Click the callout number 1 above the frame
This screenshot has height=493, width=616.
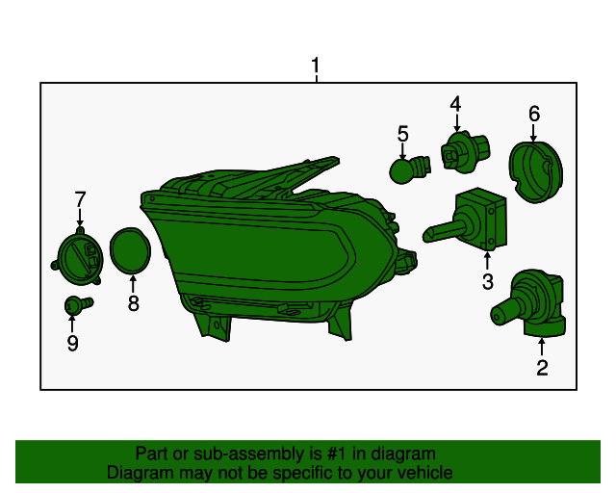pos(315,65)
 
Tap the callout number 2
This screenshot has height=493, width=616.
pos(542,368)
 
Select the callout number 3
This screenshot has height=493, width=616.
pos(488,281)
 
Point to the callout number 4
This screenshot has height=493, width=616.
pos(455,104)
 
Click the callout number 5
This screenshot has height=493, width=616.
pos(402,134)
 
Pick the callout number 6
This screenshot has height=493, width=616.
pos(534,114)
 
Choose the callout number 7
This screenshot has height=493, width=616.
pos(80,199)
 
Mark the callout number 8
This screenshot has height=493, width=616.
pos(133,303)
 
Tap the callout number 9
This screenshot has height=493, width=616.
pos(73,343)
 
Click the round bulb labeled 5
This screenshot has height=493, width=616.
pos(408,169)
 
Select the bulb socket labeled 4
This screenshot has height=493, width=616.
pos(465,152)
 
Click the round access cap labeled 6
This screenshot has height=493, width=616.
pos(535,172)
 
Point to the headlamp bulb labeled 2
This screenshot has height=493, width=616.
pos(528,303)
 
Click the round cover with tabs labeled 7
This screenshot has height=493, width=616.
pos(78,256)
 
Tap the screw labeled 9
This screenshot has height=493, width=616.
pos(78,305)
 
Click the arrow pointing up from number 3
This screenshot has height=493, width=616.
pos(488,261)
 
